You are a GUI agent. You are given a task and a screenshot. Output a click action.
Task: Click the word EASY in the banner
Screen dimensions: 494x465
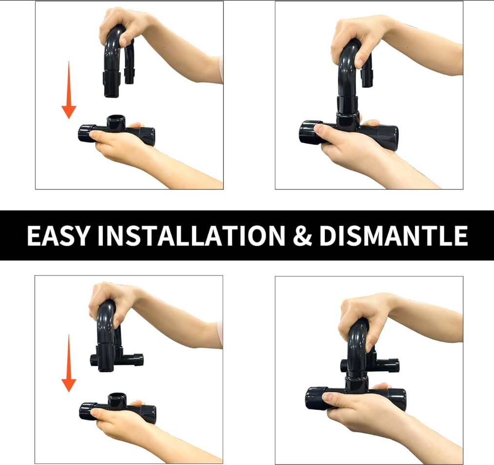pyautogui.click(x=58, y=235)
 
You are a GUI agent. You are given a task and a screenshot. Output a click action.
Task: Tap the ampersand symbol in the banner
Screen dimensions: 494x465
pyautogui.click(x=302, y=235)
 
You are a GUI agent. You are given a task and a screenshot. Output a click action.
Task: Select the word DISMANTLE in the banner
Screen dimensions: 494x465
pyautogui.click(x=393, y=235)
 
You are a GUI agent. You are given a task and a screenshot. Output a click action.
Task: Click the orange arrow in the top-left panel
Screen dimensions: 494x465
pyautogui.click(x=69, y=90)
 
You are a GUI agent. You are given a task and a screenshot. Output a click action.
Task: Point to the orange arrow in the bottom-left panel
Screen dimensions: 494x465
pyautogui.click(x=69, y=363)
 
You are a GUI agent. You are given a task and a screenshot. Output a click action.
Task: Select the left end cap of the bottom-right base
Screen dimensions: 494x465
pyautogui.click(x=316, y=398)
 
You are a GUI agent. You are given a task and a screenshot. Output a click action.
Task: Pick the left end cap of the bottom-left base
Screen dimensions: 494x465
pyautogui.click(x=88, y=411)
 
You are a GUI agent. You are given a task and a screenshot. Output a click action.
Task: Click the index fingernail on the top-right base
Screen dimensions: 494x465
pyautogui.click(x=319, y=128)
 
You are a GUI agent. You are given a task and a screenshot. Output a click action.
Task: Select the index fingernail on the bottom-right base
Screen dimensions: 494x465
pyautogui.click(x=328, y=397)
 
